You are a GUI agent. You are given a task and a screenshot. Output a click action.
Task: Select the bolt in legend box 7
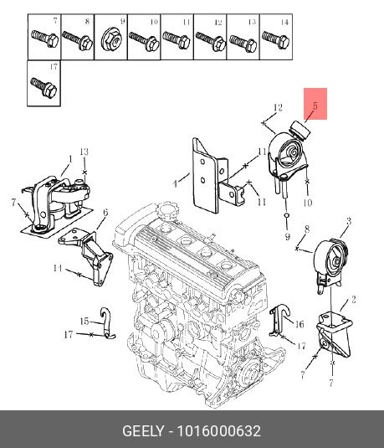point(45,39)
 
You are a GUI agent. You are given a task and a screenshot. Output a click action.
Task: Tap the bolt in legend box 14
point(276,39)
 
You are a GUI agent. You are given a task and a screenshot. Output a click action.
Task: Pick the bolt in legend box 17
point(44,87)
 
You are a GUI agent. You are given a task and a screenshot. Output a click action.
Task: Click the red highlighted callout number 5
point(315,106)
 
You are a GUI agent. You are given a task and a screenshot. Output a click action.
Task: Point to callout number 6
point(105,213)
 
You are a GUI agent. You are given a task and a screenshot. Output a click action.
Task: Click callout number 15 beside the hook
point(84,322)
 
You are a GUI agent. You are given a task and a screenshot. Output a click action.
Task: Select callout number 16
point(300,324)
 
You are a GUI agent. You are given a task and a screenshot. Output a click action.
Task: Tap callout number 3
point(349,221)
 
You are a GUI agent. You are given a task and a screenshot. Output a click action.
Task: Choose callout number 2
point(353,300)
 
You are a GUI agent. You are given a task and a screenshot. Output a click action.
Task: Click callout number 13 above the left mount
point(84,152)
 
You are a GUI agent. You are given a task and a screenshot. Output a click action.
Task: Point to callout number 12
point(278,107)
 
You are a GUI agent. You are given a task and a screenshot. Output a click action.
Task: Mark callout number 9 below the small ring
point(288,236)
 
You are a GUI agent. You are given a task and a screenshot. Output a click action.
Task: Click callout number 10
point(307,203)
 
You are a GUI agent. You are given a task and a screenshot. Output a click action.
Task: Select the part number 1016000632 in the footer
point(219,431)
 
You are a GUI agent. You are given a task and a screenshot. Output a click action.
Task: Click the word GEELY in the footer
point(143,431)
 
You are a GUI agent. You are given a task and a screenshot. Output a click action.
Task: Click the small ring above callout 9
point(288,215)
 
